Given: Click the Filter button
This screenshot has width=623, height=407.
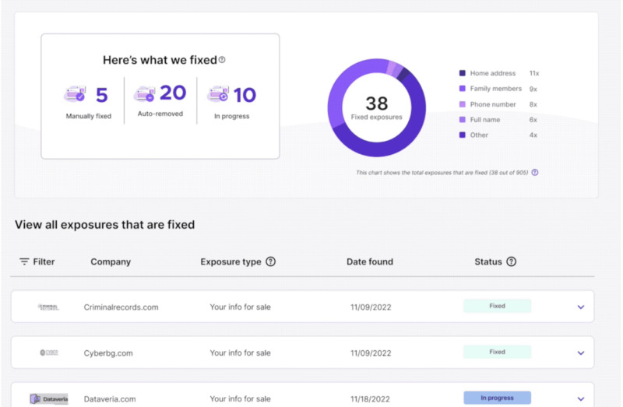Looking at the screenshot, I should coord(37,261).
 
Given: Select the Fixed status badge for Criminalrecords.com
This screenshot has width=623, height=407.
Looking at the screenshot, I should coord(497,306).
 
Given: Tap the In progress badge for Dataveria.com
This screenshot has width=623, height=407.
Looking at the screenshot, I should coord(497,398).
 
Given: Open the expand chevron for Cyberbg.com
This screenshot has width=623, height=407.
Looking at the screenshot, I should coord(581,353).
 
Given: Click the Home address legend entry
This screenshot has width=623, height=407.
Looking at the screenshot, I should coord(492,73).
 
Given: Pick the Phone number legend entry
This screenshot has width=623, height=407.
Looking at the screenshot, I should coord(492,104).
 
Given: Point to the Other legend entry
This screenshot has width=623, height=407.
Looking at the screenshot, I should coord(479,135).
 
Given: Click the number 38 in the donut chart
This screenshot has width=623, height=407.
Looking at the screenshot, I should coord(376,103).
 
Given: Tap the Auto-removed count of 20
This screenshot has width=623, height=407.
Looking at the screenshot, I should coord(173,93).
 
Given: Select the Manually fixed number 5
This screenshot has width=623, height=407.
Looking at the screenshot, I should coord(101,95).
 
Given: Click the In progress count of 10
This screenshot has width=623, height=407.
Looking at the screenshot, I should coord(245,95).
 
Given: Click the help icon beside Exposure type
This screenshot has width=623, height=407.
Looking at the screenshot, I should coord(270,261).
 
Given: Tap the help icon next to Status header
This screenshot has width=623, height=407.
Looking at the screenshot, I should coord(511,261).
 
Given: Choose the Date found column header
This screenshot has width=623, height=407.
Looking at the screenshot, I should coord(370,261).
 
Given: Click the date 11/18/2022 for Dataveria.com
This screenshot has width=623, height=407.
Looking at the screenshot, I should coord(371,398).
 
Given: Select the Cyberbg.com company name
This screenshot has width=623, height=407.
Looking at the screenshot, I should coord(108,353).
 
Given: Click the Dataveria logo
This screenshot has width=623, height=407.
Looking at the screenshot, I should coord(49,398).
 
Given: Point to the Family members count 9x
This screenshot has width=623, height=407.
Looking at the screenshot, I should coord(534,89).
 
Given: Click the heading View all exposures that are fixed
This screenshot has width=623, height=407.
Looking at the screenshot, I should coord(104,224).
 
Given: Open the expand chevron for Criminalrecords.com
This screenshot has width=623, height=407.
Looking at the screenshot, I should coord(581,307).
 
